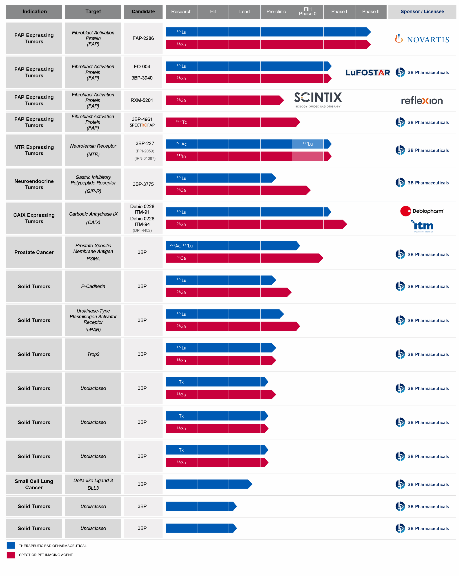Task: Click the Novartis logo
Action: point(422,39)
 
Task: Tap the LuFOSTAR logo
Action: point(367,72)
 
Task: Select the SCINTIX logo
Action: point(318,99)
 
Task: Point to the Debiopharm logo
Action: point(422,211)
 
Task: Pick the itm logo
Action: point(422,226)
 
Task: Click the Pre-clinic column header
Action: point(276,11)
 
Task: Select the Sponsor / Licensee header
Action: point(422,11)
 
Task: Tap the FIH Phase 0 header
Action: point(307,11)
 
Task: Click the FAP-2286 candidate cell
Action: point(143,38)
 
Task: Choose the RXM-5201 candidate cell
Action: point(142,100)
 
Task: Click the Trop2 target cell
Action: point(93,354)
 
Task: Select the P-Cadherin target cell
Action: point(93,286)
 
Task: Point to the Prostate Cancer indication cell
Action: point(34,252)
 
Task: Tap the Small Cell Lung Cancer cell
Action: point(34,484)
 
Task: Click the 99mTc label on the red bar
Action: point(181,122)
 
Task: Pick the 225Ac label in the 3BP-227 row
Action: point(181,144)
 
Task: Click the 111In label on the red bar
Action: point(181,156)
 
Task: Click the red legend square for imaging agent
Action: point(11,555)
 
